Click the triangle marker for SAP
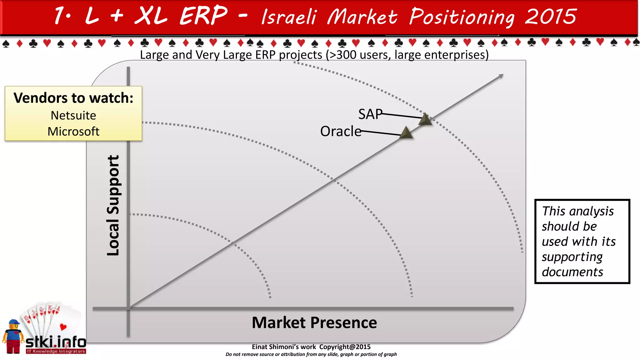tap(425, 120)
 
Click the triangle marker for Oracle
tap(406, 133)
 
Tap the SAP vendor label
tap(370, 114)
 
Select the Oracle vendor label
tap(340, 131)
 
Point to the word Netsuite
tap(73, 116)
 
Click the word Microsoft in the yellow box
tap(73, 132)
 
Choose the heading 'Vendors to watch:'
tap(73, 98)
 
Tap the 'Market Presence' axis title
tap(314, 322)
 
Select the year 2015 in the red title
tap(551, 17)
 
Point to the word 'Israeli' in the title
tap(289, 17)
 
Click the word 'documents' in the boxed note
tap(572, 272)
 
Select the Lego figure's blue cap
tap(14, 322)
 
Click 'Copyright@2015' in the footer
tap(345, 347)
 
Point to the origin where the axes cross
tap(128, 308)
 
